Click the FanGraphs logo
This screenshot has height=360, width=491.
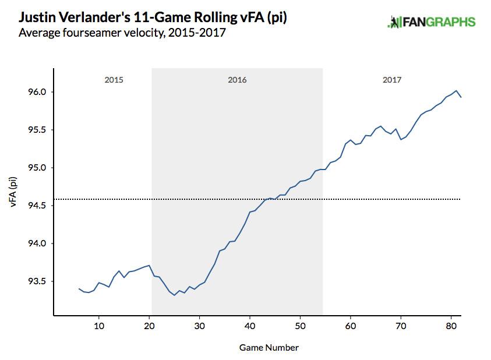[431, 23]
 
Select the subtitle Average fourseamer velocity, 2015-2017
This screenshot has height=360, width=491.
[122, 33]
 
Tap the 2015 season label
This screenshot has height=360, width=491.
[114, 80]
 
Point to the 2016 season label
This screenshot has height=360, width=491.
[237, 80]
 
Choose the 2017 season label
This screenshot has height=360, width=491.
[392, 80]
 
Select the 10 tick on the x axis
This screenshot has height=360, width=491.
[99, 325]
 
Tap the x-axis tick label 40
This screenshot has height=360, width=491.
[250, 325]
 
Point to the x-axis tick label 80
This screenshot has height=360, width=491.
[451, 325]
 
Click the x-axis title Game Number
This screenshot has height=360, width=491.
[269, 348]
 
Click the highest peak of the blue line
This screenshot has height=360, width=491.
[456, 90]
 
